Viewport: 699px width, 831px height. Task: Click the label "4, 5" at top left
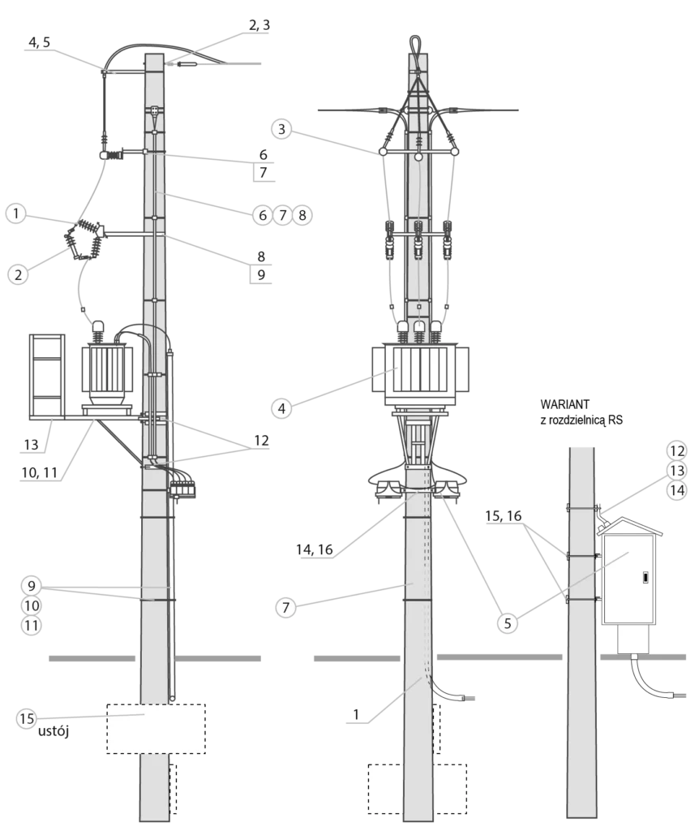coord(39,42)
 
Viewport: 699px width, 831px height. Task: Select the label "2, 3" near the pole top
coord(259,25)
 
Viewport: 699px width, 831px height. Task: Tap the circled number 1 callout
coord(16,213)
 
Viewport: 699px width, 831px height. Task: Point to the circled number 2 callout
coord(18,274)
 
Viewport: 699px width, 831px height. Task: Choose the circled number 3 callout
coord(281,129)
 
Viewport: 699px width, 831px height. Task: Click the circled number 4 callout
coord(281,409)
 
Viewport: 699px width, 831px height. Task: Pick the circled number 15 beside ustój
coord(27,719)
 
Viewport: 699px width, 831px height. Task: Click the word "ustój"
coord(54,731)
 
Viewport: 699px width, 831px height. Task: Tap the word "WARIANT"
coord(564,404)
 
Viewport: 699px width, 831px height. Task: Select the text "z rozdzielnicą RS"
coord(581,420)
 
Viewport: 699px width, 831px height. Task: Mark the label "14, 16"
coord(315,549)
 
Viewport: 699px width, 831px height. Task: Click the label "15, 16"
coord(503,515)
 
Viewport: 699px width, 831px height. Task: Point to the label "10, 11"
coord(39,472)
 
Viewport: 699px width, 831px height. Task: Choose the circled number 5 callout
coord(508,623)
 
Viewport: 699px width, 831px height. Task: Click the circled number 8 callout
coord(302,215)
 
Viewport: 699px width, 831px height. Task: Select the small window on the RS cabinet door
coord(645,577)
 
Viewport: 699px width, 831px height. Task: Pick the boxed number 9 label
coord(261,274)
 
